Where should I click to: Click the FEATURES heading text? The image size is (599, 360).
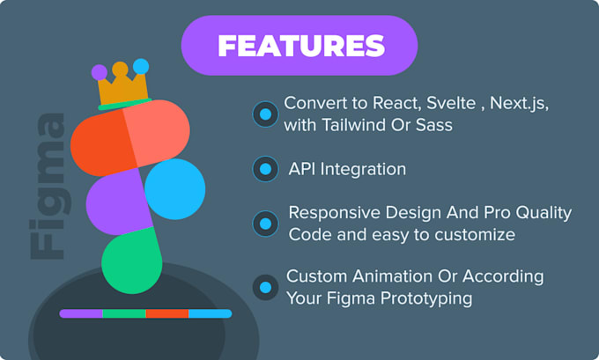pyautogui.click(x=300, y=46)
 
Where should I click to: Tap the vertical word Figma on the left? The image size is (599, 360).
pyautogui.click(x=46, y=186)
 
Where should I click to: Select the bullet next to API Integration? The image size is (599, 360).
pyautogui.click(x=265, y=168)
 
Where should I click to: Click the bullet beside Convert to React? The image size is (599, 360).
pyautogui.click(x=265, y=114)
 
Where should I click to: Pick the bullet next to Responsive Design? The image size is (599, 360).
pyautogui.click(x=265, y=224)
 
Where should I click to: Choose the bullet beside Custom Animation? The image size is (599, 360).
pyautogui.click(x=265, y=287)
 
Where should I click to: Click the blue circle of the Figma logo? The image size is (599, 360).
pyautogui.click(x=174, y=189)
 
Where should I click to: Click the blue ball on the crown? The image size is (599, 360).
pyautogui.click(x=141, y=67)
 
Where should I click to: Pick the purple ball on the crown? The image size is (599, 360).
pyautogui.click(x=99, y=71)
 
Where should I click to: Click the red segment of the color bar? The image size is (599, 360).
pyautogui.click(x=166, y=313)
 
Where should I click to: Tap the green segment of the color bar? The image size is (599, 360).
pyautogui.click(x=124, y=313)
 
